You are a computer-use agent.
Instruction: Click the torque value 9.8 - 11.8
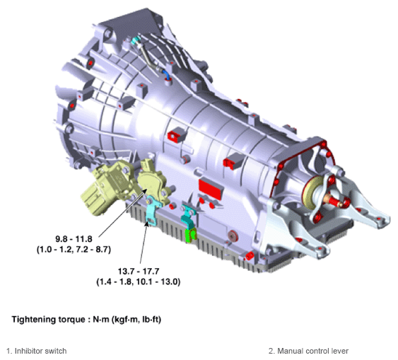tap(74, 239)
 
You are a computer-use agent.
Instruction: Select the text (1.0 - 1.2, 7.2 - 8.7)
tap(74, 250)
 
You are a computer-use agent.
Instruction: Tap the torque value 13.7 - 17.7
tap(139, 271)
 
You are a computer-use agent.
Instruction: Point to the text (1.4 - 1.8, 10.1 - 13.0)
tap(139, 281)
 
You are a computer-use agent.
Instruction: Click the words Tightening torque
tap(49, 320)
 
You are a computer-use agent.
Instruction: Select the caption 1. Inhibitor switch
tap(37, 351)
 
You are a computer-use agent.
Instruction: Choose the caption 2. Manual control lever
tap(308, 351)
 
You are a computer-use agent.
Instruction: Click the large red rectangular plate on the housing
tap(211, 189)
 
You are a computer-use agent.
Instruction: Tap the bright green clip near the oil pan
tap(191, 235)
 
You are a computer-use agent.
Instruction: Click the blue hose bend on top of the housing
tap(167, 75)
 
